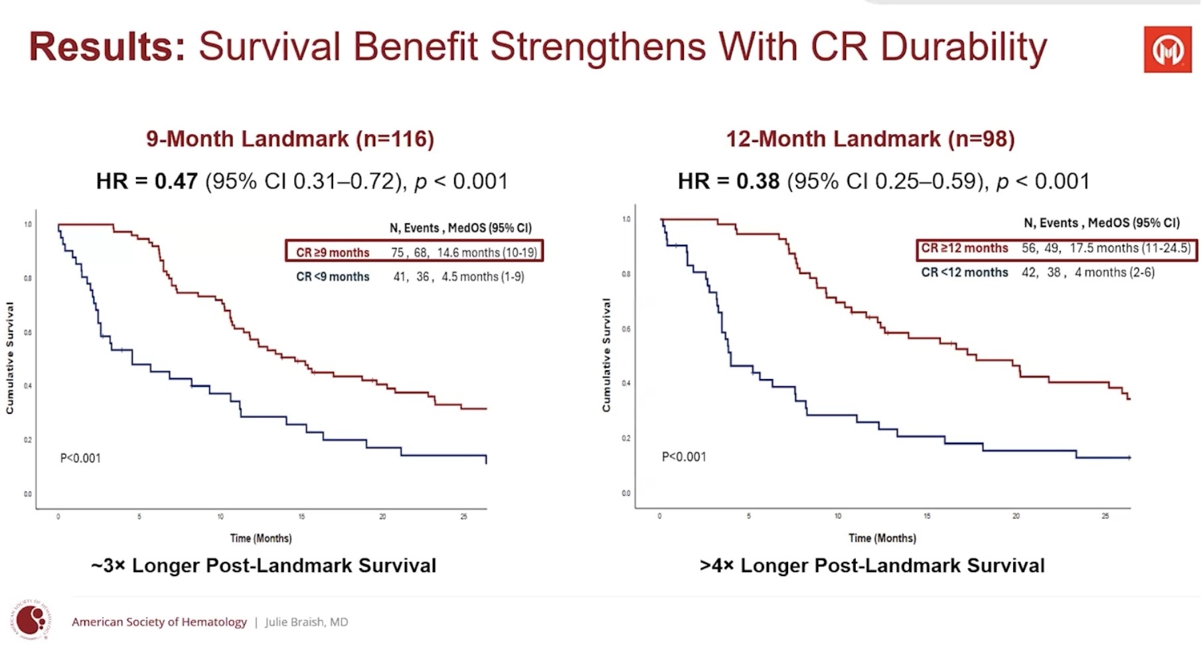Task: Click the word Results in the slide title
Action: (107, 46)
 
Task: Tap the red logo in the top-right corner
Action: (1167, 50)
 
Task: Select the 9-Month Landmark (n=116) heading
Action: (290, 139)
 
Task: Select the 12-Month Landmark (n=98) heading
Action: (870, 139)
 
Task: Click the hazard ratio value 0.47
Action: (176, 181)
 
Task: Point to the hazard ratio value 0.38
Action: (758, 181)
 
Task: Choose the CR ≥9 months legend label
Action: (333, 252)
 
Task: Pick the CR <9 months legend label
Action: (333, 277)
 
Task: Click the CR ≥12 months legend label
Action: (964, 248)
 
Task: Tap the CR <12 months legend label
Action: (964, 272)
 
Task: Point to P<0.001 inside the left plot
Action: (80, 458)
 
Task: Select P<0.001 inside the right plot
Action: (684, 457)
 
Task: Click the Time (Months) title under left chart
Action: (261, 538)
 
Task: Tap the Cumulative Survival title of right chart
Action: (606, 355)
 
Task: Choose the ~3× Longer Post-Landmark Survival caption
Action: (264, 565)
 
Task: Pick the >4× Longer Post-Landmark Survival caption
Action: (872, 565)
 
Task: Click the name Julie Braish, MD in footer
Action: (306, 622)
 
